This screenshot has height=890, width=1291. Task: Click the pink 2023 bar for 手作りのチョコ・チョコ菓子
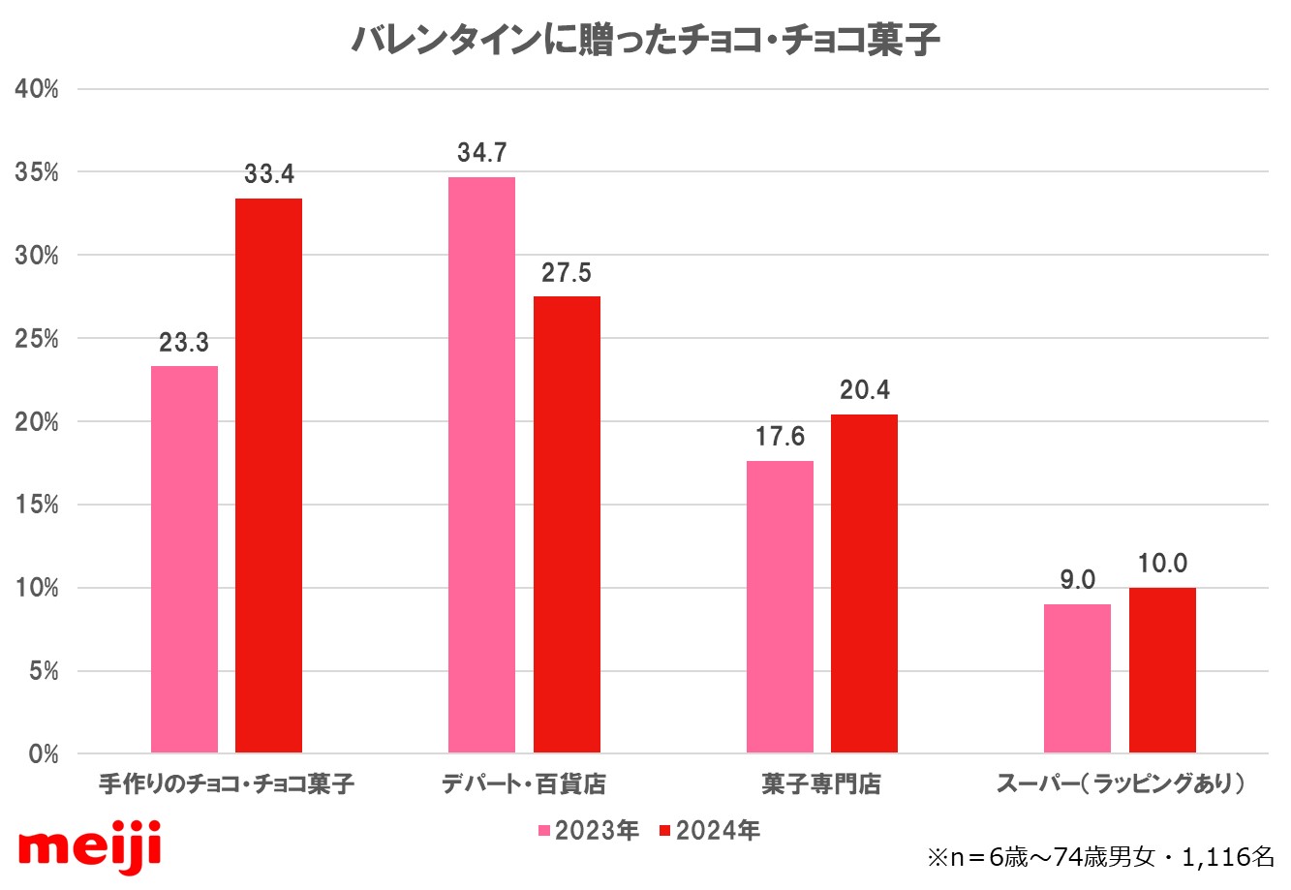[184, 559]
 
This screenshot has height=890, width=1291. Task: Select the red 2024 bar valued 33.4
[268, 476]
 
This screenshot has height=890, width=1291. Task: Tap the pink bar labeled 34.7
[481, 465]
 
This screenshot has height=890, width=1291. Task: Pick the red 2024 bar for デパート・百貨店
[567, 524]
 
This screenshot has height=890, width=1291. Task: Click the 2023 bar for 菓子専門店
[780, 606]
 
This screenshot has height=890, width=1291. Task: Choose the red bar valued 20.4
[864, 583]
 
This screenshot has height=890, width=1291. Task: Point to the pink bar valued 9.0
[1077, 678]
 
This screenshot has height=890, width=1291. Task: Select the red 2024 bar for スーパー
[1162, 670]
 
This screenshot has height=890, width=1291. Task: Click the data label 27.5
[567, 273]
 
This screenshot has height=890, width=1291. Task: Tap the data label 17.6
[780, 438]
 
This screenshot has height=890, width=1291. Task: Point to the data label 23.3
[184, 343]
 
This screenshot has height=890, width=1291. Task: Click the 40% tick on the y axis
[37, 90]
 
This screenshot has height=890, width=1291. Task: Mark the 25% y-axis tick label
[37, 340]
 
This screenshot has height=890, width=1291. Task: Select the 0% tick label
[44, 754]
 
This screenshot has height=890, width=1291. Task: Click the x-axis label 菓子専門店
[821, 784]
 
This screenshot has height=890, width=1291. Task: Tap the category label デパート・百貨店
[524, 784]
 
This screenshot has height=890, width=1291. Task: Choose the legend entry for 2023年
[588, 831]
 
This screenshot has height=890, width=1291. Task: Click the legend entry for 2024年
[709, 831]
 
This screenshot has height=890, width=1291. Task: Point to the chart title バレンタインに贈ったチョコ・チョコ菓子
[645, 41]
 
